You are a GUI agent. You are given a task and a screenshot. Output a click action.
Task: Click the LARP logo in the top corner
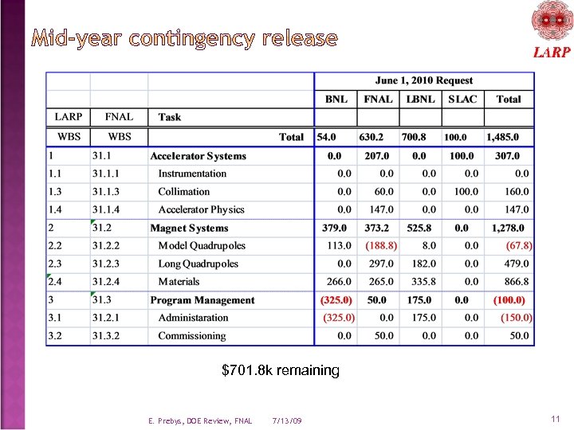point(551,29)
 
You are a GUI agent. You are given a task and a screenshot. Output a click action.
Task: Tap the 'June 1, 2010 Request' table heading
point(423,80)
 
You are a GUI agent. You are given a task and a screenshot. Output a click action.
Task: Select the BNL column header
point(336,100)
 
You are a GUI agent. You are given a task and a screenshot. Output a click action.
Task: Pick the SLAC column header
point(462,100)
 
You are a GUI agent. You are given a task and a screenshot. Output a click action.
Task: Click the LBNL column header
point(419,100)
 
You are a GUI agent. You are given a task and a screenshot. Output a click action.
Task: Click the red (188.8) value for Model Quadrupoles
point(381,246)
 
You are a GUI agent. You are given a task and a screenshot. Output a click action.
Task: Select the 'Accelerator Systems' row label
point(198,156)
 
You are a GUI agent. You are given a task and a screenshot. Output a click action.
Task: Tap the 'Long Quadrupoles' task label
point(198,264)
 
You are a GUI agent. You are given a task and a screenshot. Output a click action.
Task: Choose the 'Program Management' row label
point(202,300)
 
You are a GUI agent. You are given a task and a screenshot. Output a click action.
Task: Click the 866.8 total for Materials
point(516,282)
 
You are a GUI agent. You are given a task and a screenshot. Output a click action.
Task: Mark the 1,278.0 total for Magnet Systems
point(508,229)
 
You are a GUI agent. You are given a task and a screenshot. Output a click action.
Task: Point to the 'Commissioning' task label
point(191,336)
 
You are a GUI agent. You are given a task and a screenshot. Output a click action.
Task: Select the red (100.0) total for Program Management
point(509,300)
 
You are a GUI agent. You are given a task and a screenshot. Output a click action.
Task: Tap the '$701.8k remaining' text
point(281,370)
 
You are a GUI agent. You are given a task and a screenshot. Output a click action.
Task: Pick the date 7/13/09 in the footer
point(286,420)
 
